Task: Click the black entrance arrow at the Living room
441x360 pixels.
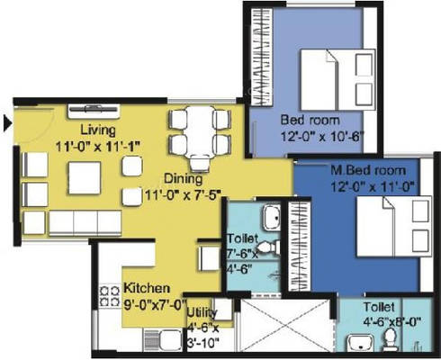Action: (7, 123)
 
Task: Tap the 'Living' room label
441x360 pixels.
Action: (98, 130)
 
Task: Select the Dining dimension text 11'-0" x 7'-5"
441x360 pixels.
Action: (183, 194)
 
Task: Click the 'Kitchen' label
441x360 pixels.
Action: (147, 288)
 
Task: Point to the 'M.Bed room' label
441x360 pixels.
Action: (368, 170)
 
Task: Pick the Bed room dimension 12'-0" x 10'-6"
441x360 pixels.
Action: (322, 137)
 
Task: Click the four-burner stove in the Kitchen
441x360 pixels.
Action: (109, 295)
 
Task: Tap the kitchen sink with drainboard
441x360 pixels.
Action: (163, 340)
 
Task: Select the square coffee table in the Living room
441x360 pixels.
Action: (85, 178)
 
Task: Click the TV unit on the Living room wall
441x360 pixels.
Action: (94, 111)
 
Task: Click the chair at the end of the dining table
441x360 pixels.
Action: (200, 164)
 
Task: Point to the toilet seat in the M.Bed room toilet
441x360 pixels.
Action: (390, 339)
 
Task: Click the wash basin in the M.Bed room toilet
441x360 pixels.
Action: (360, 343)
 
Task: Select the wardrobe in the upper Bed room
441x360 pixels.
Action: (261, 57)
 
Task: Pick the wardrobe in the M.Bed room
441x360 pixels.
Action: (299, 246)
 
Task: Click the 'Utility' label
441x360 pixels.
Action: (202, 312)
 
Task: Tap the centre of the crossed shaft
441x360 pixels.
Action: (286, 325)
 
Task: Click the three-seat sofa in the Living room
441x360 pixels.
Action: (85, 222)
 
